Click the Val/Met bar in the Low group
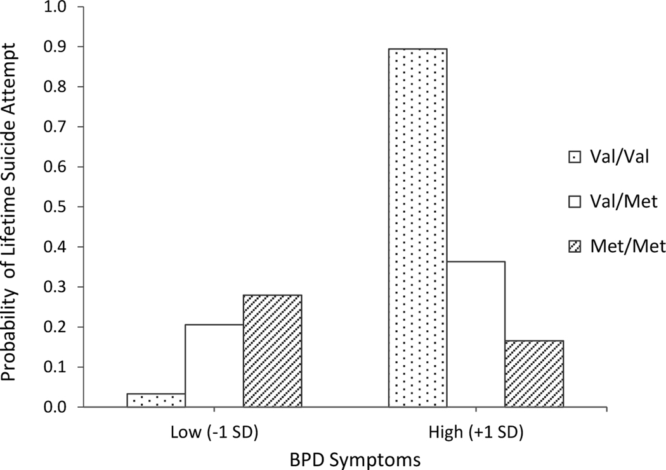(x=214, y=366)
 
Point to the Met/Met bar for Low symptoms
(x=272, y=351)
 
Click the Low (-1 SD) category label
(x=214, y=433)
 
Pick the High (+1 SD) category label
(x=476, y=433)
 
